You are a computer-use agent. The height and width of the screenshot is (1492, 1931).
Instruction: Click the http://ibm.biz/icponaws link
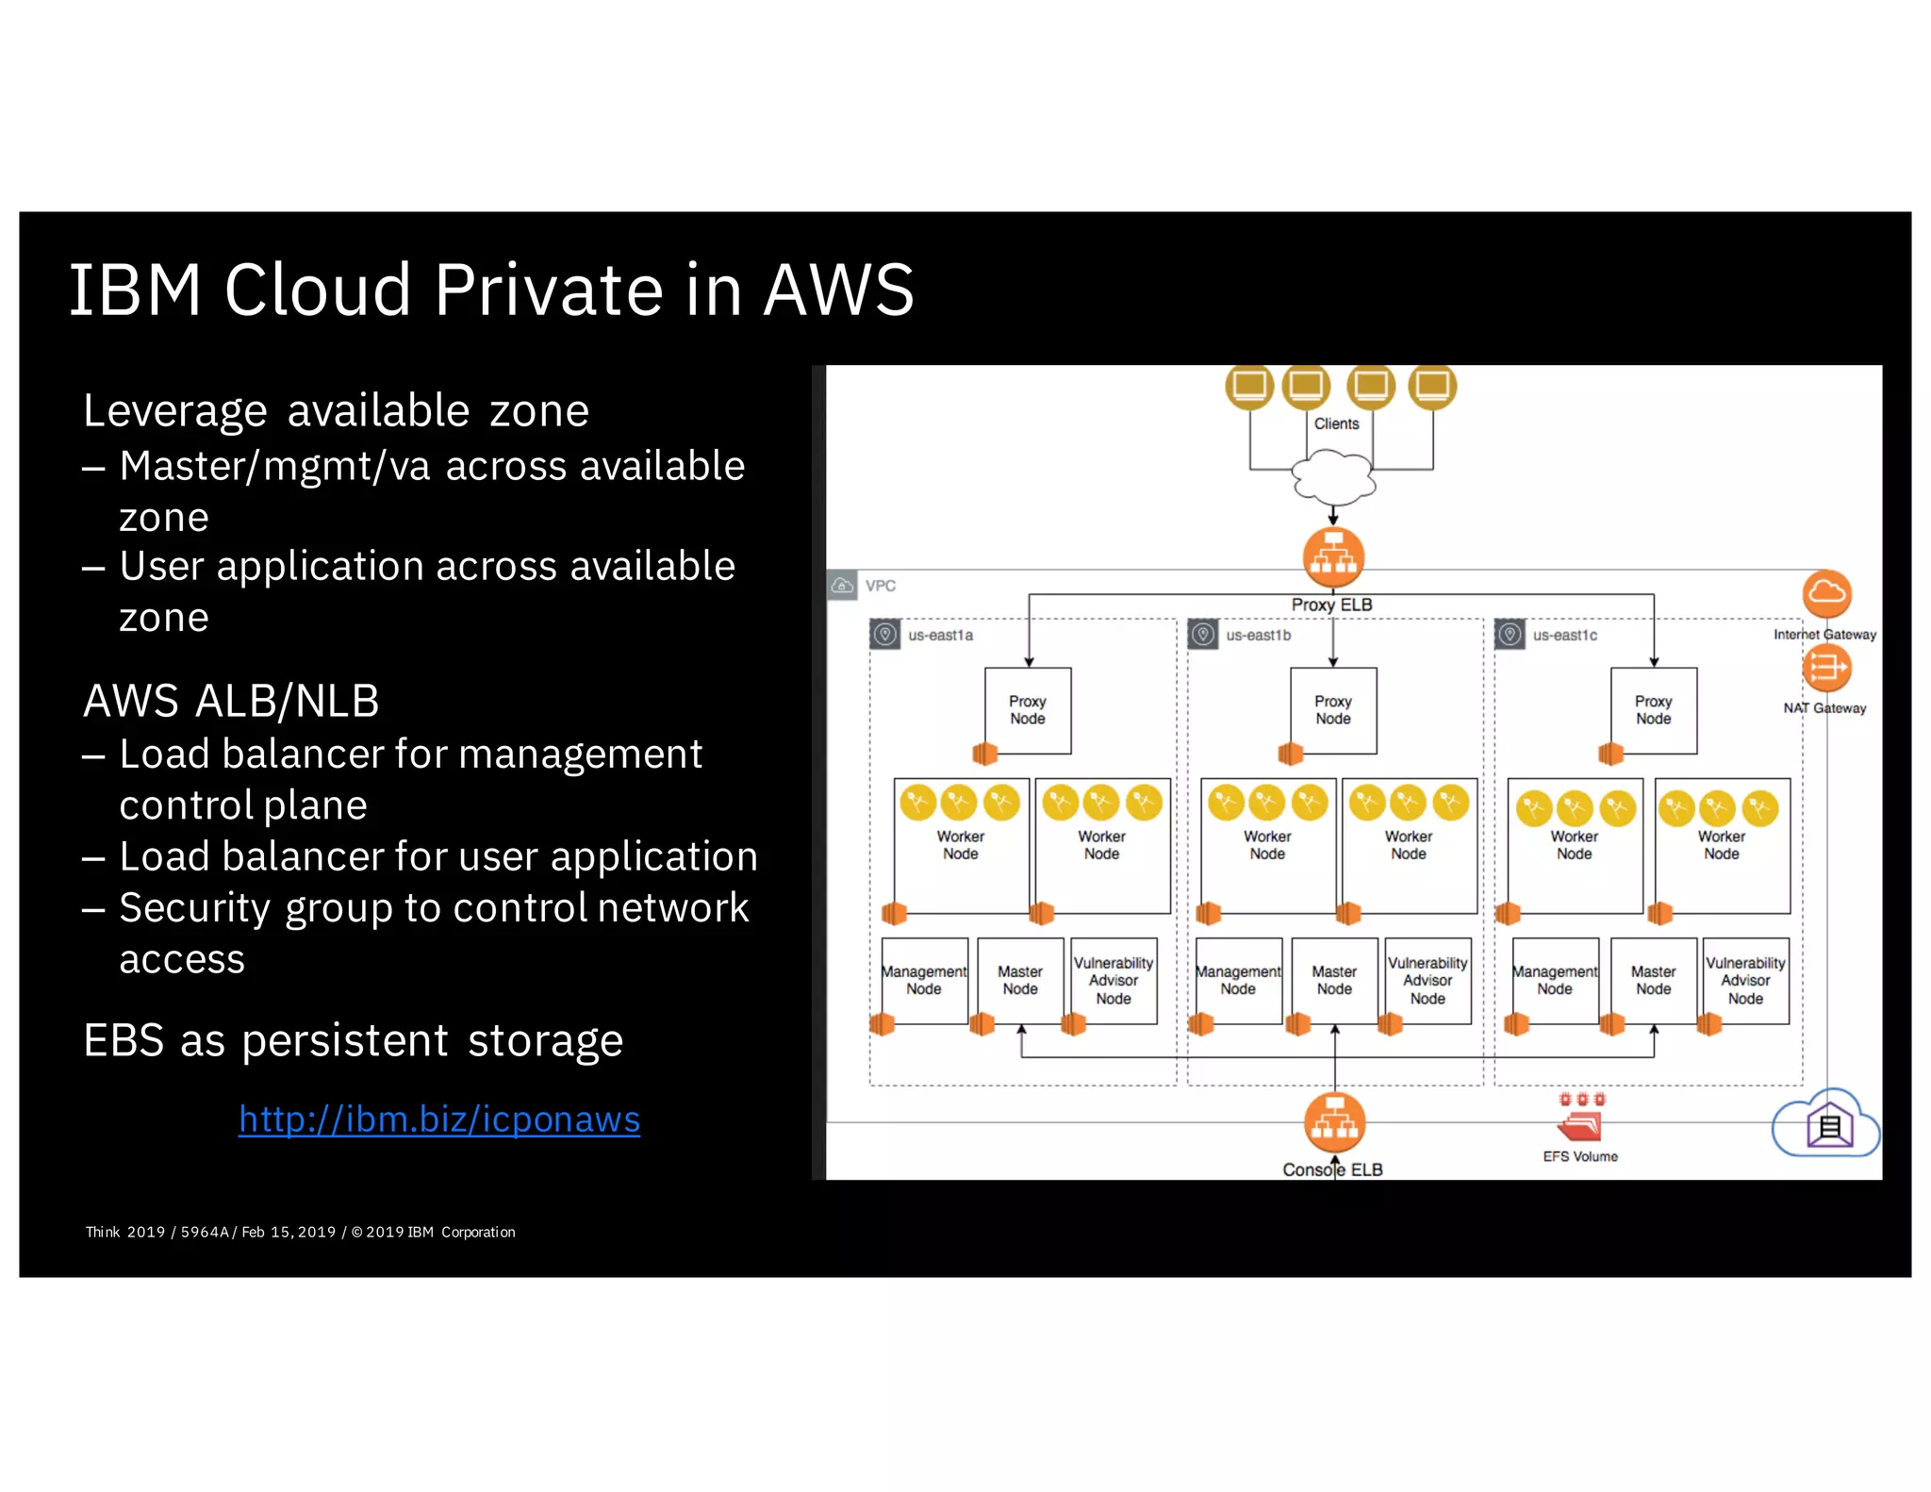click(438, 1119)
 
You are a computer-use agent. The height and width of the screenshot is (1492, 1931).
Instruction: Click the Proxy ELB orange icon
click(1333, 556)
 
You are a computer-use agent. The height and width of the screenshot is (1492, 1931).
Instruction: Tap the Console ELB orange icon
click(1334, 1122)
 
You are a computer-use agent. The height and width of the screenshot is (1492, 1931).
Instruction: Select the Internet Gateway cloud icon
click(1826, 593)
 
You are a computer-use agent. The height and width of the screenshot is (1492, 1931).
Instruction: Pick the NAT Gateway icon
click(1826, 668)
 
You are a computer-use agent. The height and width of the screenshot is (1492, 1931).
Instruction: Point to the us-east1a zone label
click(940, 635)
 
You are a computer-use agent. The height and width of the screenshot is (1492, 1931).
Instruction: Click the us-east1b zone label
click(1258, 635)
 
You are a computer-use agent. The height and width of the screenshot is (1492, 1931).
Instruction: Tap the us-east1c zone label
click(1564, 635)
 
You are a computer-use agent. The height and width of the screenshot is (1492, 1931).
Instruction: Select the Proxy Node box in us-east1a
click(1028, 710)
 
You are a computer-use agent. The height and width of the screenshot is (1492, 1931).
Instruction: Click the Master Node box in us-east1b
click(1334, 980)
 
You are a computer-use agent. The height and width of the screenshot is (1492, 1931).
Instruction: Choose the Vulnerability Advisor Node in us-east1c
click(1745, 980)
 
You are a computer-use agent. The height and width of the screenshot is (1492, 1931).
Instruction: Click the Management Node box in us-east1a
click(924, 980)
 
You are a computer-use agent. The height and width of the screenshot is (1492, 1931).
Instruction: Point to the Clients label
click(1336, 423)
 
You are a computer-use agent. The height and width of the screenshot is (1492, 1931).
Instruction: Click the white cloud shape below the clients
click(1332, 477)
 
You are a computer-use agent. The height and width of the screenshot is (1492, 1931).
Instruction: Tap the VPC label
click(880, 586)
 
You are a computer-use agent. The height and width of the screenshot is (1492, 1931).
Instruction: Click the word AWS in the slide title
click(838, 290)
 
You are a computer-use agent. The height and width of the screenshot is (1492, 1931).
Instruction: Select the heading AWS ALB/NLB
click(231, 701)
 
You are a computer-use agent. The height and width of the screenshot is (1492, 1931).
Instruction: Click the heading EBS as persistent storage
click(353, 1040)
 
